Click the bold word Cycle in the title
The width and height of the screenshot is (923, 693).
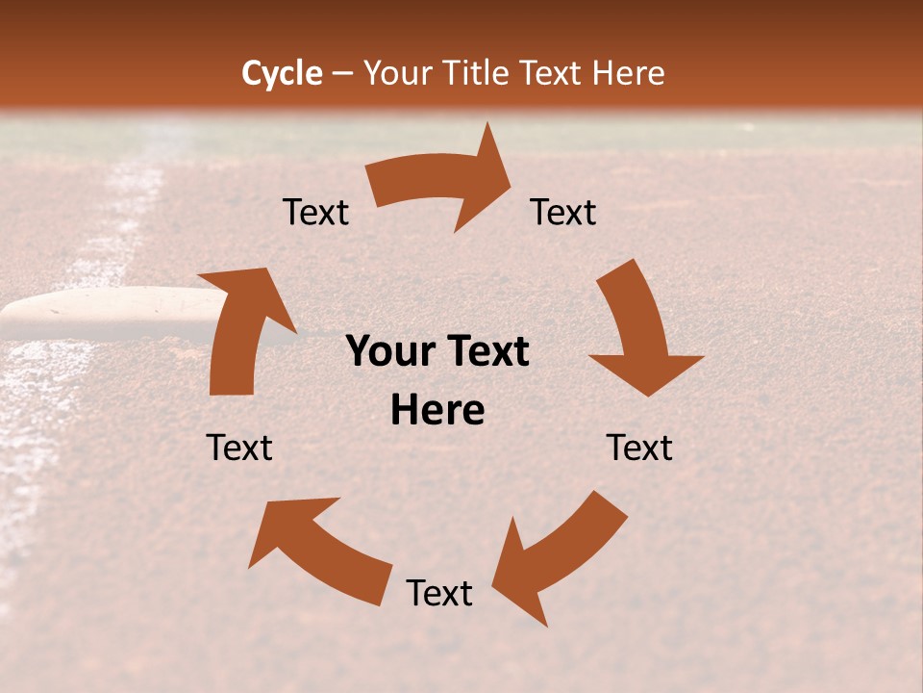tap(282, 73)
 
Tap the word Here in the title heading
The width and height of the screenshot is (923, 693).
tap(626, 73)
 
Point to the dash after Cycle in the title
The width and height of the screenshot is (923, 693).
tap(342, 74)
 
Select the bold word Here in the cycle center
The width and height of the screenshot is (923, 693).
tap(437, 411)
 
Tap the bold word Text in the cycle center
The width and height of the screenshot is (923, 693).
tap(486, 352)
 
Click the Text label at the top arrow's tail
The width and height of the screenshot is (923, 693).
tap(315, 212)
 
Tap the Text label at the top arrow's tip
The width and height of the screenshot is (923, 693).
tap(563, 212)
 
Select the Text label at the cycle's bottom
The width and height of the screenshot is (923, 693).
tap(438, 594)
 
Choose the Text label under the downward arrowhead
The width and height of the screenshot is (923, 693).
tap(639, 448)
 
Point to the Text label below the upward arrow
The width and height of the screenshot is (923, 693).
tap(239, 448)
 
